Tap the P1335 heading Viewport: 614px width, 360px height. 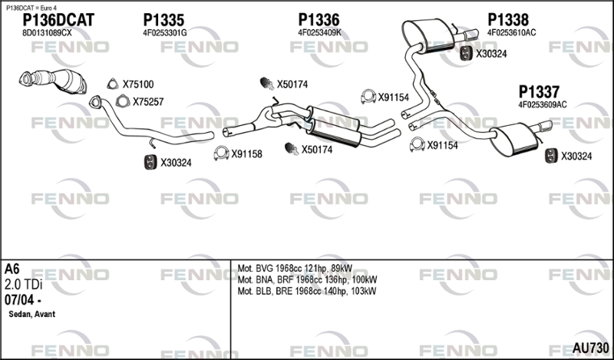tap(163, 20)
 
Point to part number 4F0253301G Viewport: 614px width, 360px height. tap(165, 33)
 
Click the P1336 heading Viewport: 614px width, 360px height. tap(319, 20)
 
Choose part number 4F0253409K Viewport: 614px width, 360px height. tap(319, 33)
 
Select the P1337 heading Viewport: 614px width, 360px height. tap(538, 91)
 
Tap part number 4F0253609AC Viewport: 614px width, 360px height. tap(543, 104)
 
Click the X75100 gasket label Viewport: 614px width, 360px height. tap(138, 84)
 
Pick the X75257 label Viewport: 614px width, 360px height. tap(147, 101)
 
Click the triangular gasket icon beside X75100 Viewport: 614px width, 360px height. tap(111, 84)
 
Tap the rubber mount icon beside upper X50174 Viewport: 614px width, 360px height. tap(267, 84)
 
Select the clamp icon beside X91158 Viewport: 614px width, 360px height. tap(222, 153)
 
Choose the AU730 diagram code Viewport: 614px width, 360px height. tap(591, 348)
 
